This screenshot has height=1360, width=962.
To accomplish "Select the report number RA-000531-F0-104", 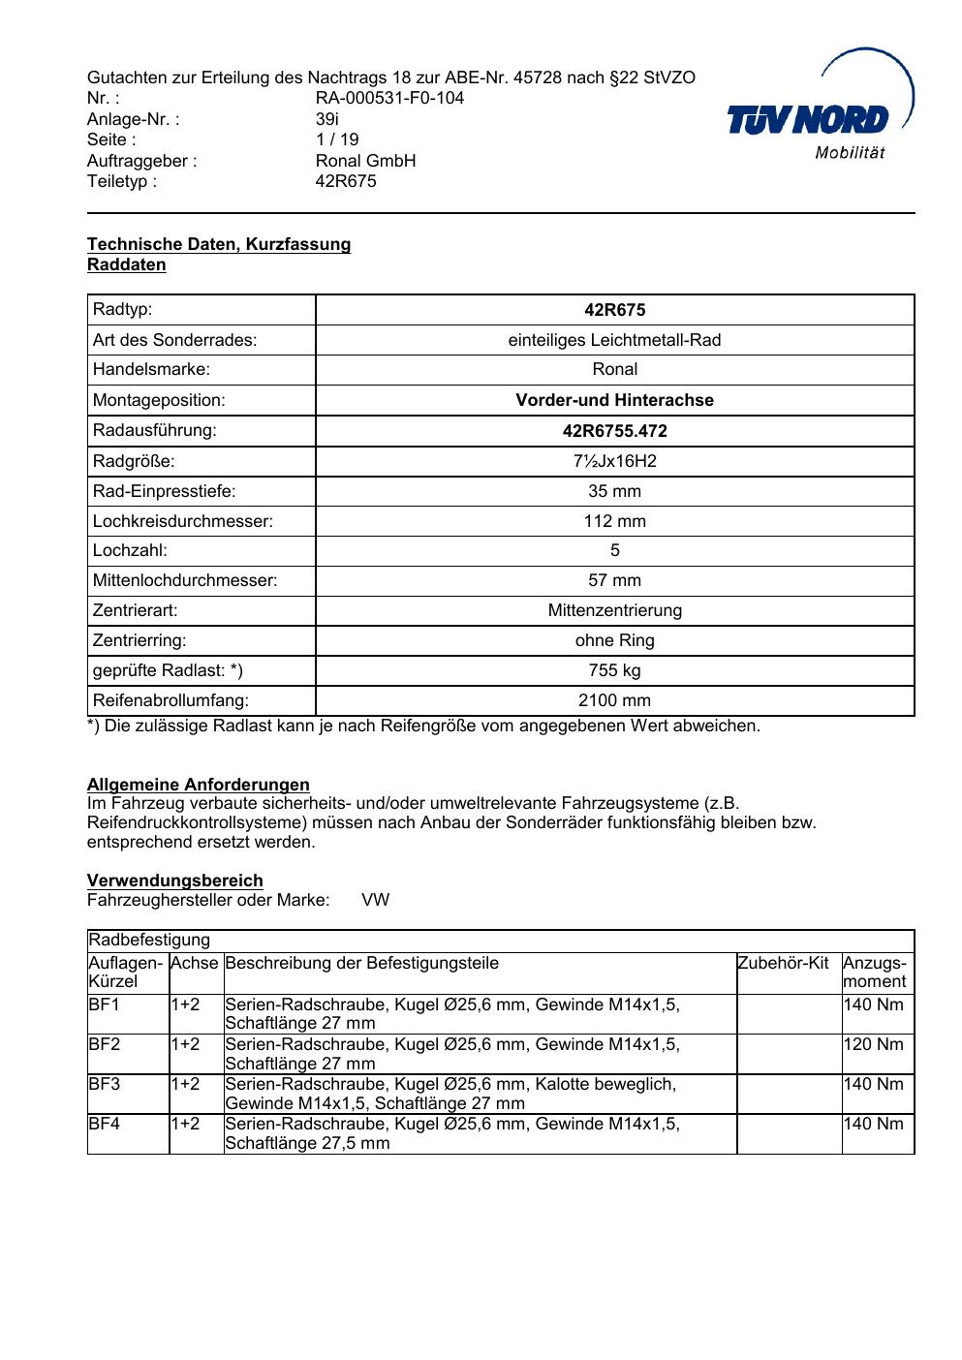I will pos(389,98).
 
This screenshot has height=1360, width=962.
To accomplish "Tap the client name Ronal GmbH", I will pos(365,161).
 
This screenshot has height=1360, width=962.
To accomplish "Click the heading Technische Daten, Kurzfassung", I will pos(219,244).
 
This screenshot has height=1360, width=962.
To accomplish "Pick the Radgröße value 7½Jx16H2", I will pos(614,461).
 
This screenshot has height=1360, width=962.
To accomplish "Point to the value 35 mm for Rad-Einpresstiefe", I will pos(614,491).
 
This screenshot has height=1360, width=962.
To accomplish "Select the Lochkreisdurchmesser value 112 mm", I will pos(614,521).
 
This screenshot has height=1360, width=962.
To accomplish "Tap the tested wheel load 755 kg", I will pos(614,670).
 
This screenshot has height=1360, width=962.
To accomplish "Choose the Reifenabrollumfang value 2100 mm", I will pos(614,700).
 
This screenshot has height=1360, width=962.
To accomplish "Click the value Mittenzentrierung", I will pos(614,610).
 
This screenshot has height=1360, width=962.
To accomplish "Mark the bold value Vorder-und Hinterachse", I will pos(614,400).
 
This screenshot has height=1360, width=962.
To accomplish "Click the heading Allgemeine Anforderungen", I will pos(199,785).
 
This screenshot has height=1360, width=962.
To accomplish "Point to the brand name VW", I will pos(376,900).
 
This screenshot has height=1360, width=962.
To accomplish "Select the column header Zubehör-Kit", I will pos(783,963).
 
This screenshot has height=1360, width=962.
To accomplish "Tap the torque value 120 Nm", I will pos(873,1044).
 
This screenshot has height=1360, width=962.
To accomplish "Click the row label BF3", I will pos(104,1084).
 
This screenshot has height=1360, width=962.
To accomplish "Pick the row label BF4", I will pos(104,1124).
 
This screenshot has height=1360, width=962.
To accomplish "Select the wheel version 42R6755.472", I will pos(614,431).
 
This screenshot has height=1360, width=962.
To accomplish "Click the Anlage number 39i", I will pos(327,119).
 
